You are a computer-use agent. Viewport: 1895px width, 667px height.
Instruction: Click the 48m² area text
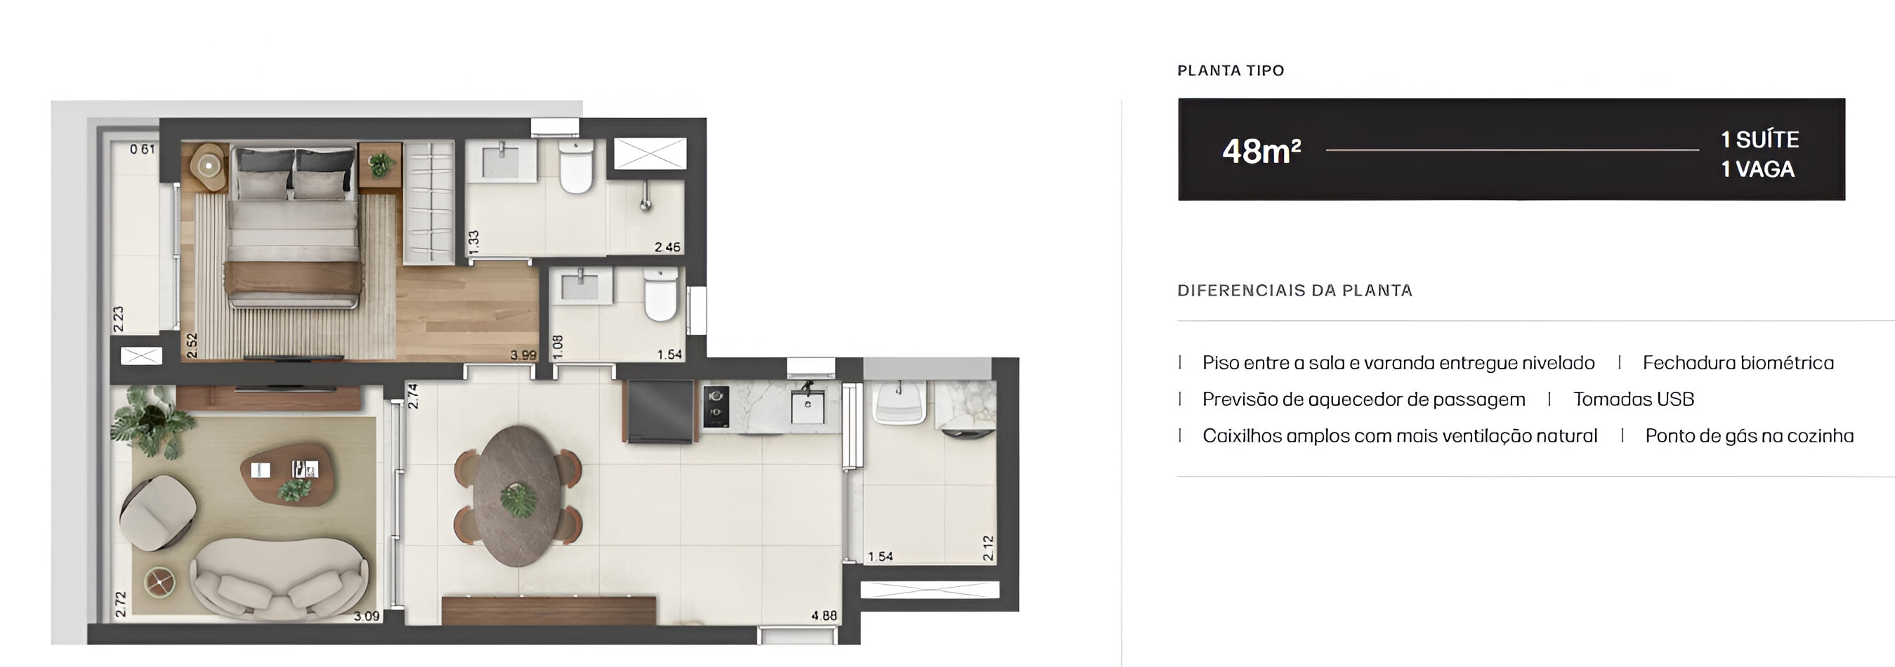click(x=1261, y=151)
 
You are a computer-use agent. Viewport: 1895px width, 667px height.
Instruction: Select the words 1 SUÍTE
click(x=1759, y=139)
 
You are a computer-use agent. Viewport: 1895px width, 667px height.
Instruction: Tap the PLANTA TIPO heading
click(x=1230, y=71)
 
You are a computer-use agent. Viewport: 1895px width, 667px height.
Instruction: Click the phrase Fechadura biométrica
click(x=1738, y=362)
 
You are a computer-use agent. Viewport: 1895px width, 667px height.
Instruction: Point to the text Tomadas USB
click(x=1633, y=399)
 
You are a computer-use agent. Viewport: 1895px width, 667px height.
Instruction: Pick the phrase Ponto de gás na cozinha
click(x=1749, y=436)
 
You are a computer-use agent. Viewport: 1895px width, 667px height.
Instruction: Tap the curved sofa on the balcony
click(x=280, y=577)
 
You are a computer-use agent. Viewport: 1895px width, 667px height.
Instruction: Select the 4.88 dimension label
click(x=824, y=616)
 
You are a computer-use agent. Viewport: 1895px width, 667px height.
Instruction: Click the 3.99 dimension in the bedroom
click(x=523, y=355)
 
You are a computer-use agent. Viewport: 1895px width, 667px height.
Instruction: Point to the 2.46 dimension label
click(x=667, y=247)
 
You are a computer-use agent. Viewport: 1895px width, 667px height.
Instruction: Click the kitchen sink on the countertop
click(x=807, y=407)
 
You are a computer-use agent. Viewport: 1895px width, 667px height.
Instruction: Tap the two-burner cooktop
click(x=716, y=407)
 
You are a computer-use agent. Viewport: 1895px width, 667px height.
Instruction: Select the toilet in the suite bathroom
click(x=576, y=168)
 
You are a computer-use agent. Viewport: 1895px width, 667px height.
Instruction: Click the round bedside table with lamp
click(x=209, y=166)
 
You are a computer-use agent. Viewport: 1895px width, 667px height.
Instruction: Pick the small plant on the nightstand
click(x=380, y=164)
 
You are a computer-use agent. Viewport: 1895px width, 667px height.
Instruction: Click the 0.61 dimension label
click(x=142, y=150)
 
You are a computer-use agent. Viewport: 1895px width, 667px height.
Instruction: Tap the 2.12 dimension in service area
click(x=988, y=547)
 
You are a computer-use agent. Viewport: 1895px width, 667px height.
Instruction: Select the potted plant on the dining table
click(x=518, y=500)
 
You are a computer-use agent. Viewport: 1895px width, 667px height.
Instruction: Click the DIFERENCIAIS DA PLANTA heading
click(x=1294, y=291)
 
